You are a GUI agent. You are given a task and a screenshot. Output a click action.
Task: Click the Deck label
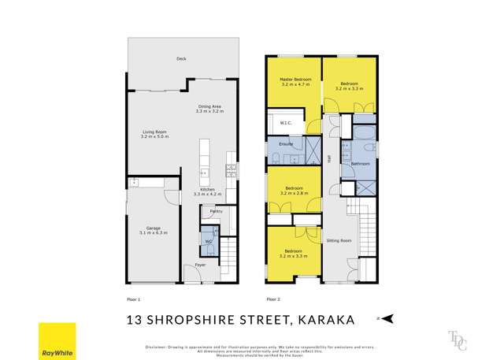click(181, 58)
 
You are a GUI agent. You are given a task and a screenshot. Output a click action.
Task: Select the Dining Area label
click(209, 109)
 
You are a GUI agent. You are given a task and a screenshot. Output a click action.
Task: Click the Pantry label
click(216, 211)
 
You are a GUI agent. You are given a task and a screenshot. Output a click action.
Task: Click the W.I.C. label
click(286, 123)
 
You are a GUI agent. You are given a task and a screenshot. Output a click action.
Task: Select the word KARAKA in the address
click(325, 319)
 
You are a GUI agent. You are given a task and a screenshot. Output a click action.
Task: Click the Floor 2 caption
click(273, 299)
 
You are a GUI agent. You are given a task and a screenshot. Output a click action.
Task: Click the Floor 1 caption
click(133, 299)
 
